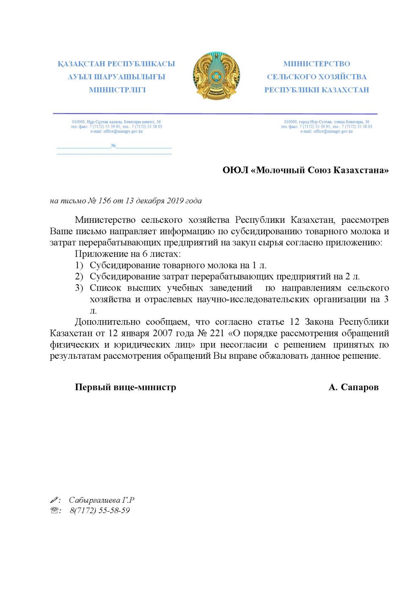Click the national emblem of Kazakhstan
[x=216, y=76]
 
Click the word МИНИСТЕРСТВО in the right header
[x=317, y=64]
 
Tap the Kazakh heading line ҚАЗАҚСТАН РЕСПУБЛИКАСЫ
[x=116, y=64]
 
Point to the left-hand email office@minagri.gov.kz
[x=116, y=131]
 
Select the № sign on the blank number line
[x=113, y=146]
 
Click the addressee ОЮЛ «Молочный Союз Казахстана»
[x=306, y=170]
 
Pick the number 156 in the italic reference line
[x=105, y=201]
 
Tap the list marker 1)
[x=79, y=266]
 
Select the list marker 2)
[x=79, y=277]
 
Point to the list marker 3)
[x=79, y=288]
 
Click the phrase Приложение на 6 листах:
[x=127, y=254]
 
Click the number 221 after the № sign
[x=217, y=333]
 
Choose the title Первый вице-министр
[x=125, y=387]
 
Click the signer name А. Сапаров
[x=353, y=387]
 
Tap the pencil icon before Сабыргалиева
[x=54, y=500]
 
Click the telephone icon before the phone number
[x=54, y=510]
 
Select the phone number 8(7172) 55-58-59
[x=100, y=510]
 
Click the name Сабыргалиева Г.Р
[x=102, y=500]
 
